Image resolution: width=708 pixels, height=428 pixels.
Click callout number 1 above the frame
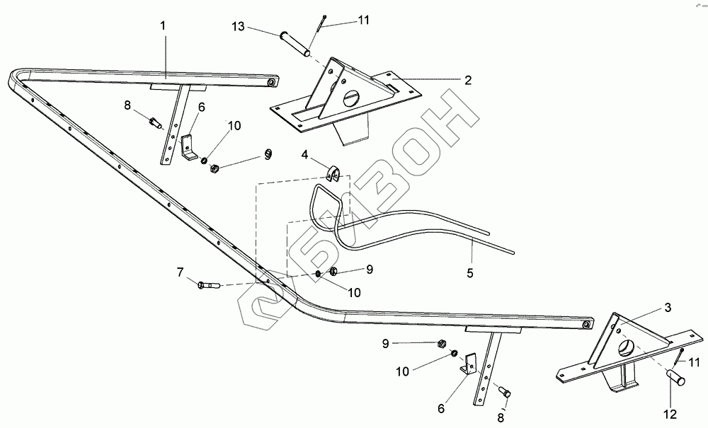coord(163,25)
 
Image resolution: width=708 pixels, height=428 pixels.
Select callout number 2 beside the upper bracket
coord(468,81)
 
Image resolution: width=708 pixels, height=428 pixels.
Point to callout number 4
coord(304,154)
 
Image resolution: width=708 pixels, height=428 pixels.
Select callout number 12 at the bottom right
coord(670,413)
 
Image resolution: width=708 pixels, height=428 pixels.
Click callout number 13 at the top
coord(237,28)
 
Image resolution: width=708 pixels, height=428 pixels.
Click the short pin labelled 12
coord(675,379)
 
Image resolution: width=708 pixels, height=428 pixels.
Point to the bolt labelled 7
coord(209,285)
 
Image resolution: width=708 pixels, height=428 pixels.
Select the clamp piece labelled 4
coord(334,172)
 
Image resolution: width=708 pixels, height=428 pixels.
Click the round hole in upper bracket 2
coord(352,98)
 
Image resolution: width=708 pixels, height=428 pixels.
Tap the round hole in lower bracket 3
coord(626,347)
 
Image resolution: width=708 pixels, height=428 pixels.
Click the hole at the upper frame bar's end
coord(270,84)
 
